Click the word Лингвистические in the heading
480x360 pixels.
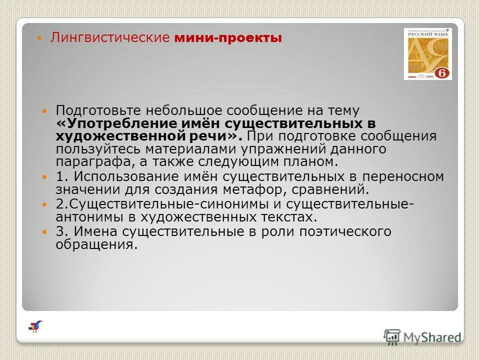pos(110,38)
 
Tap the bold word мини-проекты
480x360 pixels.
pos(228,38)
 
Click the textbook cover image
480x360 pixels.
pos(427,54)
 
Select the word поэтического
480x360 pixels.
pos(345,231)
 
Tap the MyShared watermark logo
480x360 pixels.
pos(423,337)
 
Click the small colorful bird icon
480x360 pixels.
pos(35,326)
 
